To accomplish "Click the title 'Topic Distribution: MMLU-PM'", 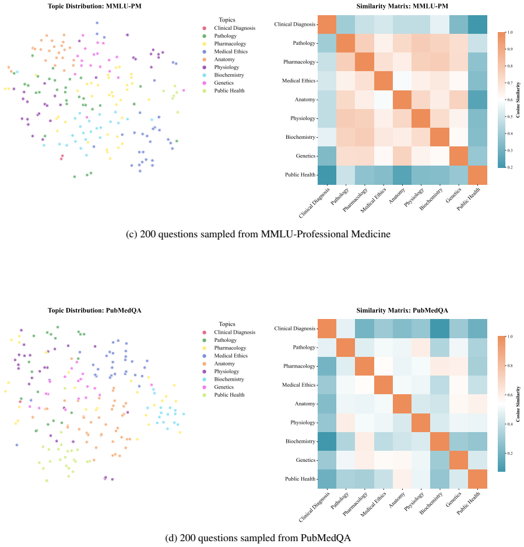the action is pos(94,6).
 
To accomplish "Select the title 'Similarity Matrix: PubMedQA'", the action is pos(402,310).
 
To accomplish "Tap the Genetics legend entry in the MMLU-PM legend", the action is pos(223,83).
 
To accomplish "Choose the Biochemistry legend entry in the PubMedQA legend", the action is pos(228,379).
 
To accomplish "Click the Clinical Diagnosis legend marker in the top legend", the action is pos(205,28).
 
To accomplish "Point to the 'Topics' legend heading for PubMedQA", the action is pos(227,324).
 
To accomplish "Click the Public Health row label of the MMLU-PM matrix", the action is pos(300,175).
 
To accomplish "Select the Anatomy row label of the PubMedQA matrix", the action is pos(305,404).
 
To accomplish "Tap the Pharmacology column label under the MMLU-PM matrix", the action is pos(355,200).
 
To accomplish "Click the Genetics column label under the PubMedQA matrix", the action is pos(453,500).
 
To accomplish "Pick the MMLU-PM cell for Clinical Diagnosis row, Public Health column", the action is pos(477,24).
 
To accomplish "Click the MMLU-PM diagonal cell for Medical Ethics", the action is pos(383,81).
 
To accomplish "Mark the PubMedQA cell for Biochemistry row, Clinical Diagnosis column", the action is pos(327,441).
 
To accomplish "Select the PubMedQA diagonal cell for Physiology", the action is pos(421,422).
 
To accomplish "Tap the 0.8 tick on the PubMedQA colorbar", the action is pos(509,366).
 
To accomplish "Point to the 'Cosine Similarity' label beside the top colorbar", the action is pos(518,100).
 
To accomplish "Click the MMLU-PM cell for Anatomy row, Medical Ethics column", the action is pos(383,100).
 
